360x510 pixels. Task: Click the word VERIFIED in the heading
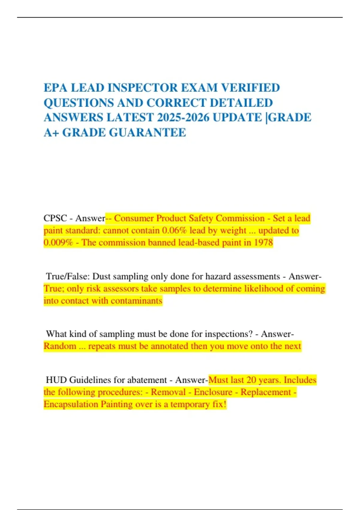pyautogui.click(x=250, y=88)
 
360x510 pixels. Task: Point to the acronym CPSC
pyautogui.click(x=55, y=218)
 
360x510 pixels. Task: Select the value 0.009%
pyautogui.click(x=58, y=242)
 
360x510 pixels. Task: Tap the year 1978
pyautogui.click(x=263, y=242)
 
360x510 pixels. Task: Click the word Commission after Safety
pyautogui.click(x=240, y=218)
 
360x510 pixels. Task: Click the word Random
pyautogui.click(x=60, y=346)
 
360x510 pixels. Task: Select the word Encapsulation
pyautogui.click(x=71, y=404)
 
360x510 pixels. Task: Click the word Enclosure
pyautogui.click(x=213, y=392)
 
